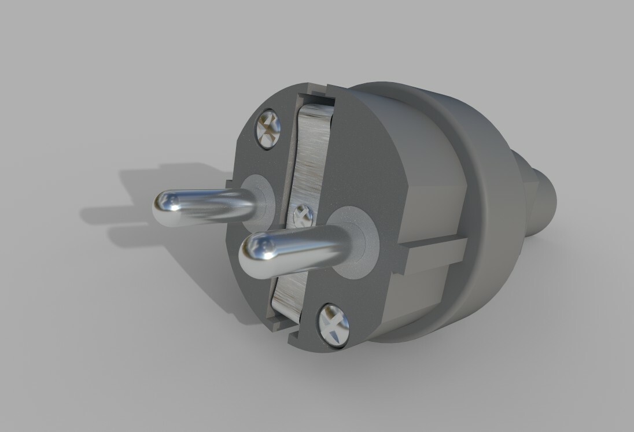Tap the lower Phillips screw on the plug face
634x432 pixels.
pyautogui.click(x=334, y=325)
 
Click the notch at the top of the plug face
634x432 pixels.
pyautogui.click(x=315, y=93)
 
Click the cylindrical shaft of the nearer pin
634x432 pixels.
pyautogui.click(x=307, y=246)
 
